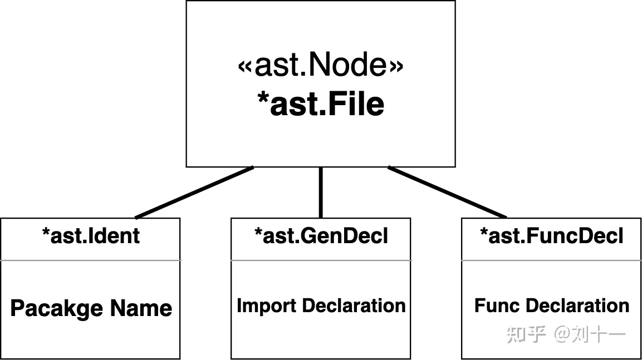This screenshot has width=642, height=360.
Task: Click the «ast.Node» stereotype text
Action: click(x=321, y=65)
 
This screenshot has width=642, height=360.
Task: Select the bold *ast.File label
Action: click(x=321, y=104)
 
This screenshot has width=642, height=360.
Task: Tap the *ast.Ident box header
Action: click(x=91, y=236)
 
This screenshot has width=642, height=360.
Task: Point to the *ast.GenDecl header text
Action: click(x=321, y=236)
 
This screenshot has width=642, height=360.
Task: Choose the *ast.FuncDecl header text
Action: click(x=551, y=236)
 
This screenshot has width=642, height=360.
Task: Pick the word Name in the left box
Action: click(x=141, y=308)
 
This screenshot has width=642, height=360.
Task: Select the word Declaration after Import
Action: click(x=354, y=305)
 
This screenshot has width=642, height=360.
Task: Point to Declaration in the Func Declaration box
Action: click(x=577, y=305)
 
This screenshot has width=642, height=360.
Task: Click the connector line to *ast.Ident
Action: click(x=194, y=193)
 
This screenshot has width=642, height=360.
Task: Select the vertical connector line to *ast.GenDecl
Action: click(x=321, y=193)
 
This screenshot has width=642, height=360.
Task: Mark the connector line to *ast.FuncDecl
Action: click(x=447, y=192)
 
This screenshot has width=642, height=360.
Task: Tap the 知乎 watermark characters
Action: click(x=526, y=334)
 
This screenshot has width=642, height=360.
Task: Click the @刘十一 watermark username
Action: click(x=590, y=334)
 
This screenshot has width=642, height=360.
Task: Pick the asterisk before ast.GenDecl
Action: click(x=258, y=232)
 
